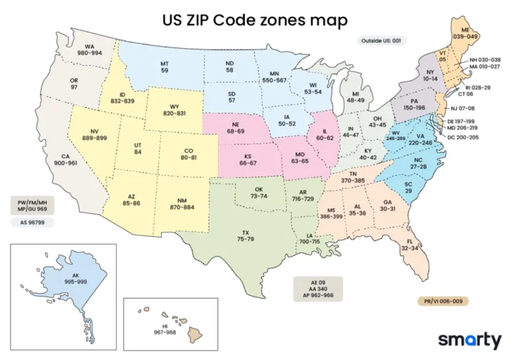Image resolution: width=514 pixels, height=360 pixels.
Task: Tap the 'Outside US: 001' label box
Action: click(x=381, y=41)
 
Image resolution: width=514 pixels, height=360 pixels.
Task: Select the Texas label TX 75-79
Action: click(x=245, y=236)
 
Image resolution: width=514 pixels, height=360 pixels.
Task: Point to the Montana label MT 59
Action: click(x=164, y=66)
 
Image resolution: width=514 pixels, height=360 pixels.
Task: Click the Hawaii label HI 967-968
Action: click(x=165, y=328)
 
